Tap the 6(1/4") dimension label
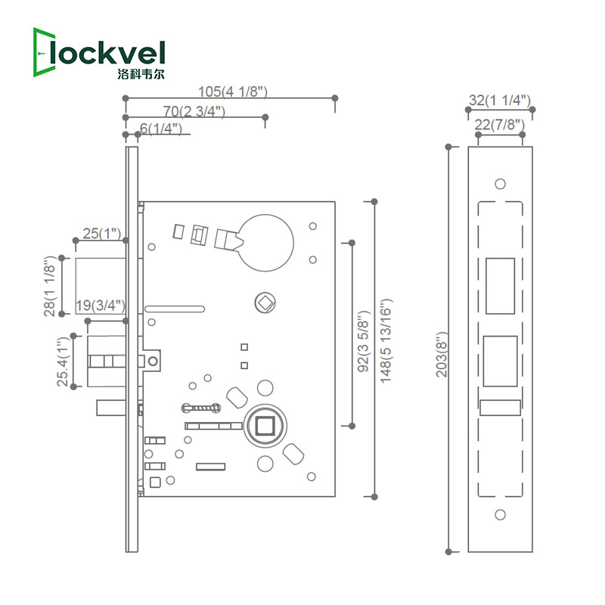(161, 129)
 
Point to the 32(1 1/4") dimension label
(499, 100)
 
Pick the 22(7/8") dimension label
(499, 124)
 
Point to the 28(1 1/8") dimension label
(50, 287)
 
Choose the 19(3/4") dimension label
(101, 306)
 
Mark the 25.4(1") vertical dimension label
(62, 361)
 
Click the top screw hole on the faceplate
(499, 184)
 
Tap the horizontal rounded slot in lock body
(175, 309)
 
